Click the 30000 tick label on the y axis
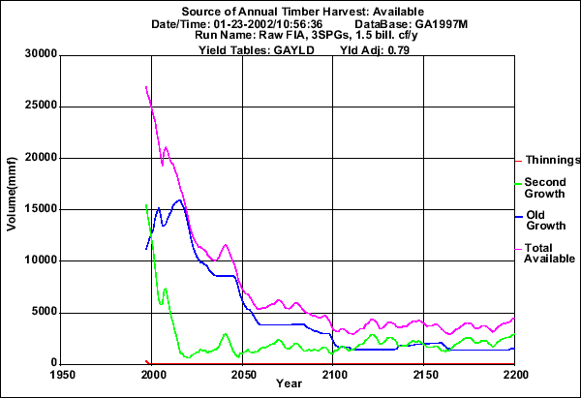pyautogui.click(x=37, y=54)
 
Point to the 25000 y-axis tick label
pyautogui.click(x=37, y=106)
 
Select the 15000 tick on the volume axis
pyautogui.click(x=37, y=209)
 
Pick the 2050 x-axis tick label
pyautogui.click(x=242, y=372)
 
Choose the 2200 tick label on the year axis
pyautogui.click(x=513, y=372)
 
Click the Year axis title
pyautogui.click(x=288, y=383)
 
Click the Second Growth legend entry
pyautogui.click(x=544, y=187)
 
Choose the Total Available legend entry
pyautogui.click(x=543, y=253)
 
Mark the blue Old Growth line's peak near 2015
pyautogui.click(x=179, y=200)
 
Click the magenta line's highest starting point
pyautogui.click(x=145, y=87)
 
